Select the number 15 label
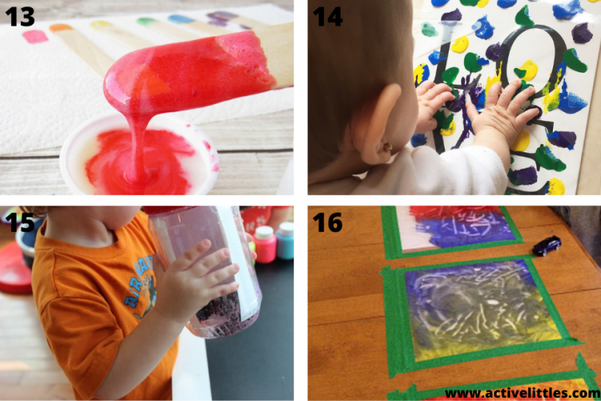22,222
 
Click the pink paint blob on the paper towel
35,36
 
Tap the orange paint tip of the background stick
61,28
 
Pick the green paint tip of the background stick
147,22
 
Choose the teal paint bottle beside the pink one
284,241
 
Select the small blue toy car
547,245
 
